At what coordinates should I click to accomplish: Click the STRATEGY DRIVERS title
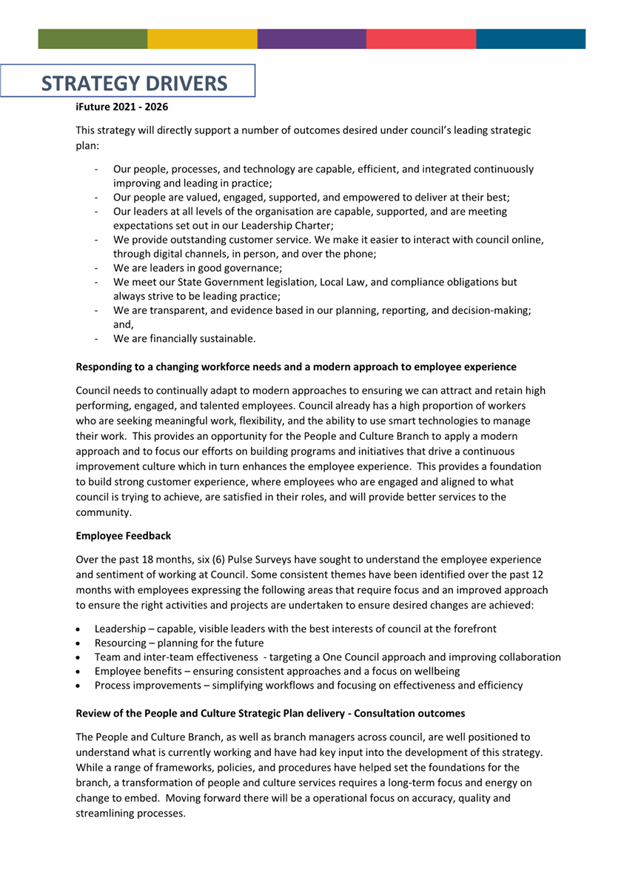point(134,82)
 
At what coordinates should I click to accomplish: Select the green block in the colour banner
point(93,39)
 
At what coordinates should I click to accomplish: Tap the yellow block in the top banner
point(202,39)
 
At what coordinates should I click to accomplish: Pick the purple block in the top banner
point(312,39)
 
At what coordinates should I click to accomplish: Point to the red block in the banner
point(420,39)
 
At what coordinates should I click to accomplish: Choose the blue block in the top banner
point(530,39)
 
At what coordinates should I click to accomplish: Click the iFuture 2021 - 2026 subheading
point(122,107)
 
